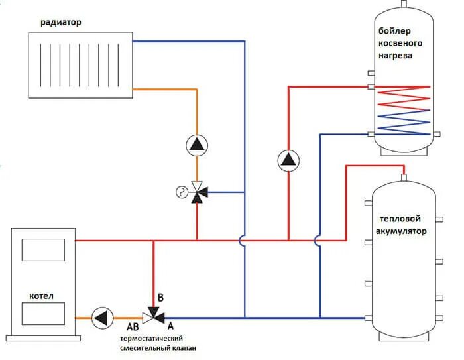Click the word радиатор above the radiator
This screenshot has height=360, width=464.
[61, 22]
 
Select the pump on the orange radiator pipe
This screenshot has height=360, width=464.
[196, 145]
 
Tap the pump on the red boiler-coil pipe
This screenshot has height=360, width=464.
[288, 160]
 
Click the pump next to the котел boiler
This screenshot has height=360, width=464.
[102, 317]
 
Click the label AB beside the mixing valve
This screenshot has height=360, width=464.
[133, 327]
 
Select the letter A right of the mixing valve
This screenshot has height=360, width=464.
[171, 326]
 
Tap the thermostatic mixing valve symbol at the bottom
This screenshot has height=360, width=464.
[154, 317]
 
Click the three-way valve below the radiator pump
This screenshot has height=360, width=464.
[197, 192]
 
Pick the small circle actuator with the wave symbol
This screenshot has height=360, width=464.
[180, 192]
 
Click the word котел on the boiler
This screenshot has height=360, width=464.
[41, 295]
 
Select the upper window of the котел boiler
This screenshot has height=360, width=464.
[43, 250]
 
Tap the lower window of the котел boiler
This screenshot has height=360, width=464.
[43, 312]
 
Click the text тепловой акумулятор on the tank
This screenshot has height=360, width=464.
[403, 225]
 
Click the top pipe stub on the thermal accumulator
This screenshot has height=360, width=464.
[404, 176]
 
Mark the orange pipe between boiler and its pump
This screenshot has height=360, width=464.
[83, 318]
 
